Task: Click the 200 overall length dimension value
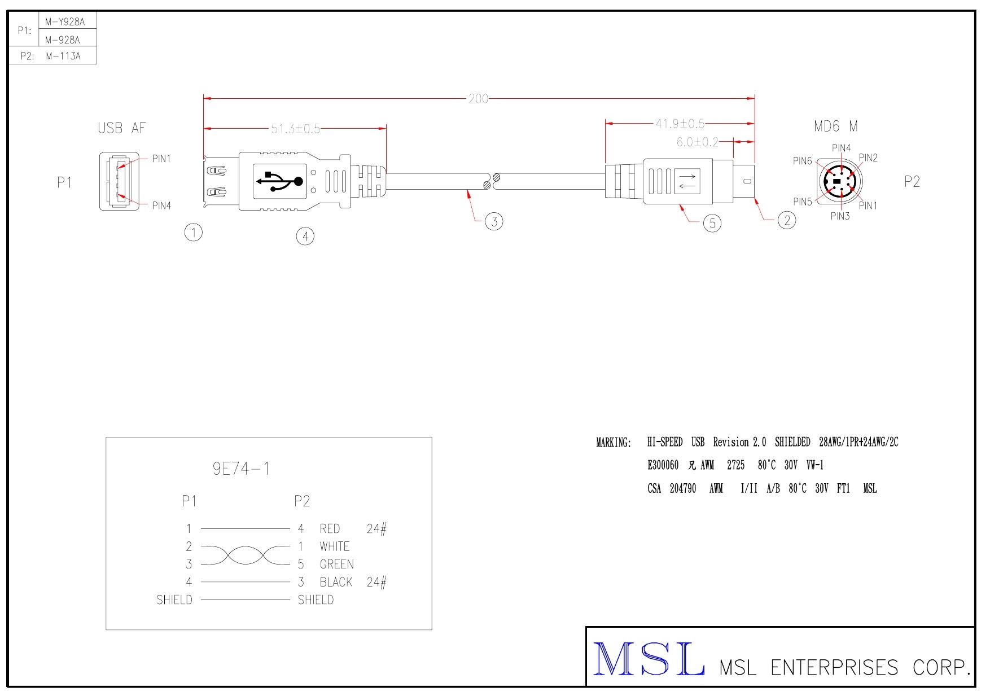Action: pyautogui.click(x=478, y=99)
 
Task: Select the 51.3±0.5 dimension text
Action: pyautogui.click(x=295, y=129)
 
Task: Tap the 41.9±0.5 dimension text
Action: pyautogui.click(x=680, y=123)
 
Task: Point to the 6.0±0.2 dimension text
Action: pyautogui.click(x=698, y=142)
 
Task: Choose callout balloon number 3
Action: pyautogui.click(x=494, y=221)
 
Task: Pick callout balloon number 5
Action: pyautogui.click(x=712, y=224)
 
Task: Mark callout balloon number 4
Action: pyautogui.click(x=305, y=237)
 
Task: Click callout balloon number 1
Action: pyautogui.click(x=194, y=232)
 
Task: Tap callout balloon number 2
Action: pyautogui.click(x=787, y=220)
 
